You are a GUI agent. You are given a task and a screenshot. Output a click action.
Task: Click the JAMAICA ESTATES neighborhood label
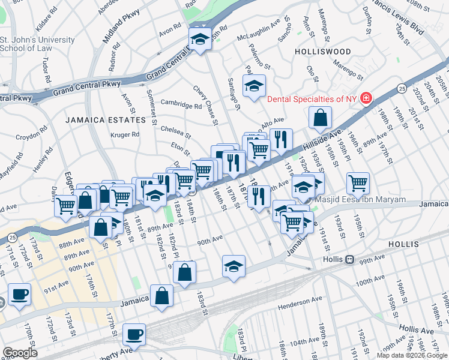click(106, 120)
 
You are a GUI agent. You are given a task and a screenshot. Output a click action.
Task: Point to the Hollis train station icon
click(348, 260)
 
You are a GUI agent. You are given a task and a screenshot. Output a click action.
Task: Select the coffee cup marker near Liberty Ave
click(134, 334)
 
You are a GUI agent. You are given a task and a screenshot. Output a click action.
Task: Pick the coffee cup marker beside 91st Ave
click(20, 295)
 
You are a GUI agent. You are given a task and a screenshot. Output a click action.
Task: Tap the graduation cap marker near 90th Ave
click(234, 266)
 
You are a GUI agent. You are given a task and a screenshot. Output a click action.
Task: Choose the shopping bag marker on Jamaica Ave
click(161, 296)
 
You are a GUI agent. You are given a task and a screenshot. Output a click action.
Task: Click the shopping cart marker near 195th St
click(358, 182)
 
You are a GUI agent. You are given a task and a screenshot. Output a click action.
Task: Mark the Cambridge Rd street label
click(181, 106)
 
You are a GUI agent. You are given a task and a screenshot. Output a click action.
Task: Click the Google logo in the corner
click(20, 352)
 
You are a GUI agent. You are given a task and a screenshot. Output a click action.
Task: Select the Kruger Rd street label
click(124, 134)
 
